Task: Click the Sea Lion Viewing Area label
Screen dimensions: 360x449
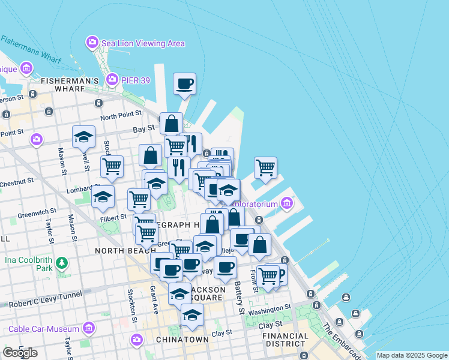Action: [143, 43]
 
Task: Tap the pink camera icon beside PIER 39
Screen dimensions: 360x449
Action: [112, 79]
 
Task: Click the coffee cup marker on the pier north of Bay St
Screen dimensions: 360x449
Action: [185, 83]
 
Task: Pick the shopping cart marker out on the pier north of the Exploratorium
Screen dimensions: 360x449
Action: [265, 167]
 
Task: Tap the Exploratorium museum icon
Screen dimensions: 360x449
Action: [286, 205]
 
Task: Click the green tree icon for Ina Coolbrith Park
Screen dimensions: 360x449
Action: [61, 262]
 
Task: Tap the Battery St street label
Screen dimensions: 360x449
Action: [240, 297]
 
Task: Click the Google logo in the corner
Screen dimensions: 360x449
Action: [20, 353]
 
